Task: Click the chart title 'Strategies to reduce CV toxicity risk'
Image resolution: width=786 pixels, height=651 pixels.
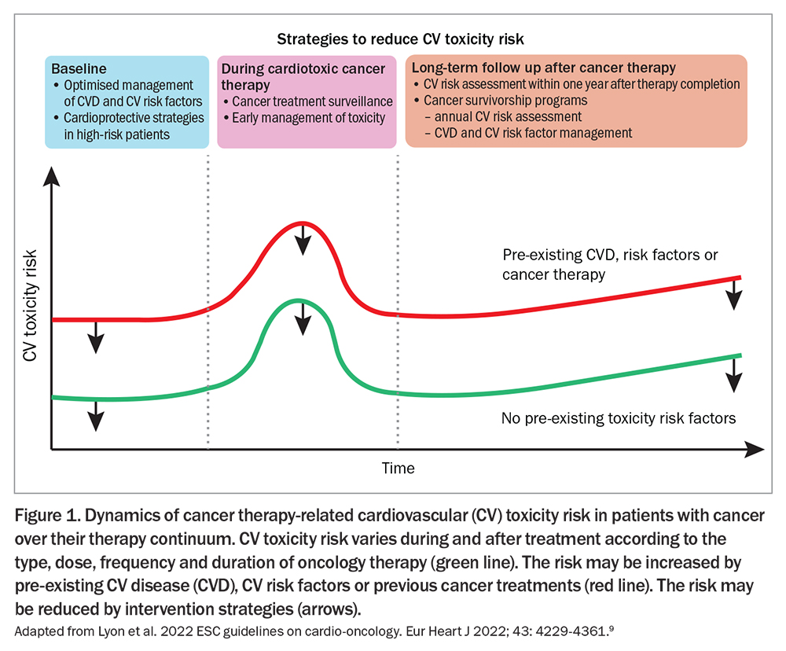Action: (x=400, y=39)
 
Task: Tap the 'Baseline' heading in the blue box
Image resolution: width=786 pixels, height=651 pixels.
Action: (x=79, y=68)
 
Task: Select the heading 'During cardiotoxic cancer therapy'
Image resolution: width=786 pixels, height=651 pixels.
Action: (x=303, y=77)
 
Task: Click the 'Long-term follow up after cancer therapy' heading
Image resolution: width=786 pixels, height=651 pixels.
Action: (x=543, y=68)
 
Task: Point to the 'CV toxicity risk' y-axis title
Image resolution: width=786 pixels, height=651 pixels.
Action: (x=30, y=305)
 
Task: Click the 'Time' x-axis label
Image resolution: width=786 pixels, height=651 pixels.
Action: (x=398, y=468)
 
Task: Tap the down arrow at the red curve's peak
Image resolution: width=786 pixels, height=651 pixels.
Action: (x=303, y=240)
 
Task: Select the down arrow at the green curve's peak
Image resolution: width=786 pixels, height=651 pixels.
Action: (x=303, y=318)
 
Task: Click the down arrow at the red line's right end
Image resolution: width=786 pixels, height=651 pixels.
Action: (x=734, y=295)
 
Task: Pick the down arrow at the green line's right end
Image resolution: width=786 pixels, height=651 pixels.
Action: (x=734, y=375)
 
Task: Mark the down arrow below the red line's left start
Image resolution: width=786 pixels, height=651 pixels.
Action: (x=96, y=337)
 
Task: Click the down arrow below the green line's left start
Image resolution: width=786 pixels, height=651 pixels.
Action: (x=96, y=416)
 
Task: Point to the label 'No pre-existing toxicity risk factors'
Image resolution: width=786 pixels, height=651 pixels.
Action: (x=619, y=418)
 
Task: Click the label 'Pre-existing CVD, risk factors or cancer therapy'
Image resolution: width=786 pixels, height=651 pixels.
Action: (x=610, y=265)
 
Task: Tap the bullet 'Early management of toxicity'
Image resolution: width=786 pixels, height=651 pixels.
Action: (x=304, y=118)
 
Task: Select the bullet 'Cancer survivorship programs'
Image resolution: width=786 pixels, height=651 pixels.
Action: (x=501, y=101)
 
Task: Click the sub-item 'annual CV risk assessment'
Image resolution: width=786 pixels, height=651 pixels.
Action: (x=503, y=117)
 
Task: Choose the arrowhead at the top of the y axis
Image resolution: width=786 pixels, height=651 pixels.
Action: (x=51, y=177)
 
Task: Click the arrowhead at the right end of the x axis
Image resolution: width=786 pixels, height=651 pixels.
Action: (x=755, y=450)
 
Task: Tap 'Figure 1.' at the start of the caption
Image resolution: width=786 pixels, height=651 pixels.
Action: (x=47, y=516)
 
